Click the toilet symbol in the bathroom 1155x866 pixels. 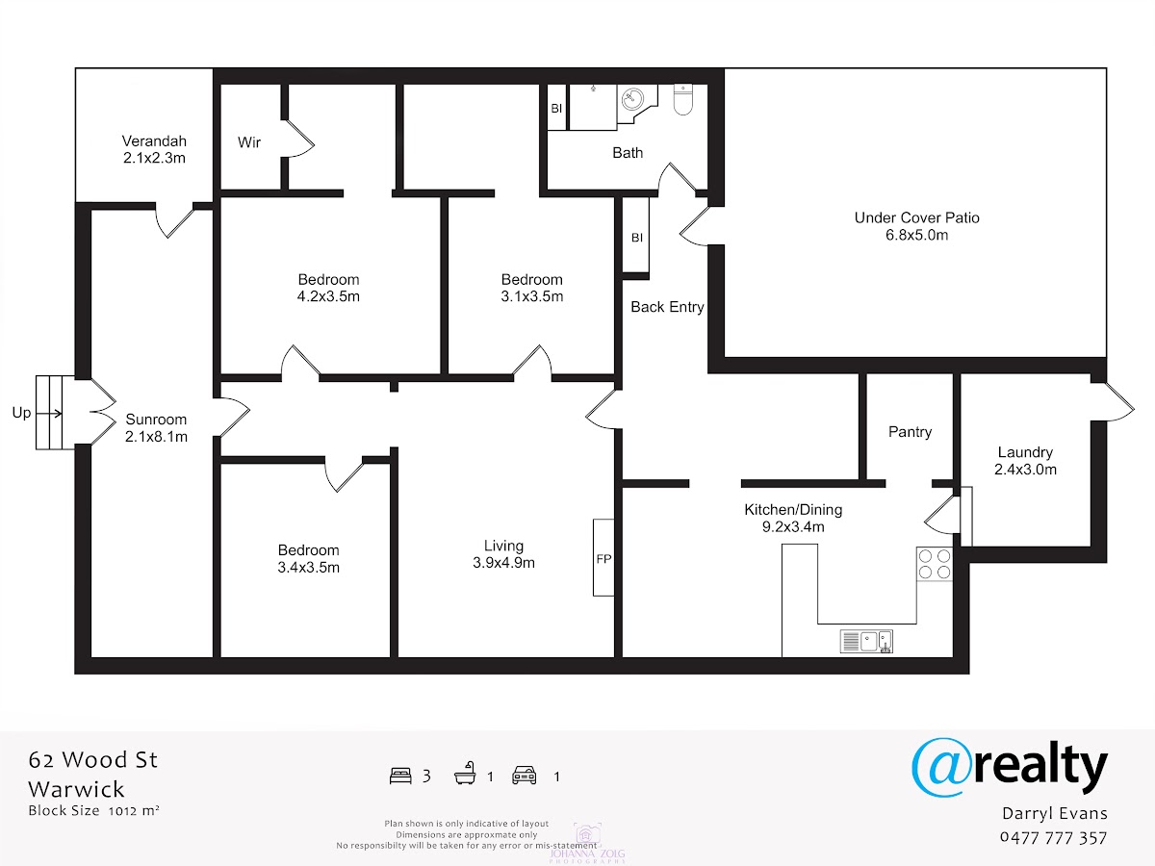683,99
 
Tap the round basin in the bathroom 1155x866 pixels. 633,98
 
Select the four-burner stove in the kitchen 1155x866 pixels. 935,564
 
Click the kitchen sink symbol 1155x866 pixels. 866,642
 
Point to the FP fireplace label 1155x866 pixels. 603,559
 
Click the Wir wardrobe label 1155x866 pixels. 249,142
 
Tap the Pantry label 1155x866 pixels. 910,432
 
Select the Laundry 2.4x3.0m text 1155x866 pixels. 1025,461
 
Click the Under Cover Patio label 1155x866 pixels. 916,226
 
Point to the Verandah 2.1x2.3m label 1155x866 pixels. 154,149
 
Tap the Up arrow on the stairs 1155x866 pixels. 50,414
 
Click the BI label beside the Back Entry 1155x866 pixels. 637,238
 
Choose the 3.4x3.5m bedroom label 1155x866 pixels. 308,558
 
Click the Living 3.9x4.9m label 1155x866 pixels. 503,554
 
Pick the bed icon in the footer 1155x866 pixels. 400,777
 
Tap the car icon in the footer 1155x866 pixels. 525,776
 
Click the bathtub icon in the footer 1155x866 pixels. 465,774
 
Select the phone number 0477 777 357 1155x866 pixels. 1053,838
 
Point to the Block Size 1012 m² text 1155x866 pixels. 93,811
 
